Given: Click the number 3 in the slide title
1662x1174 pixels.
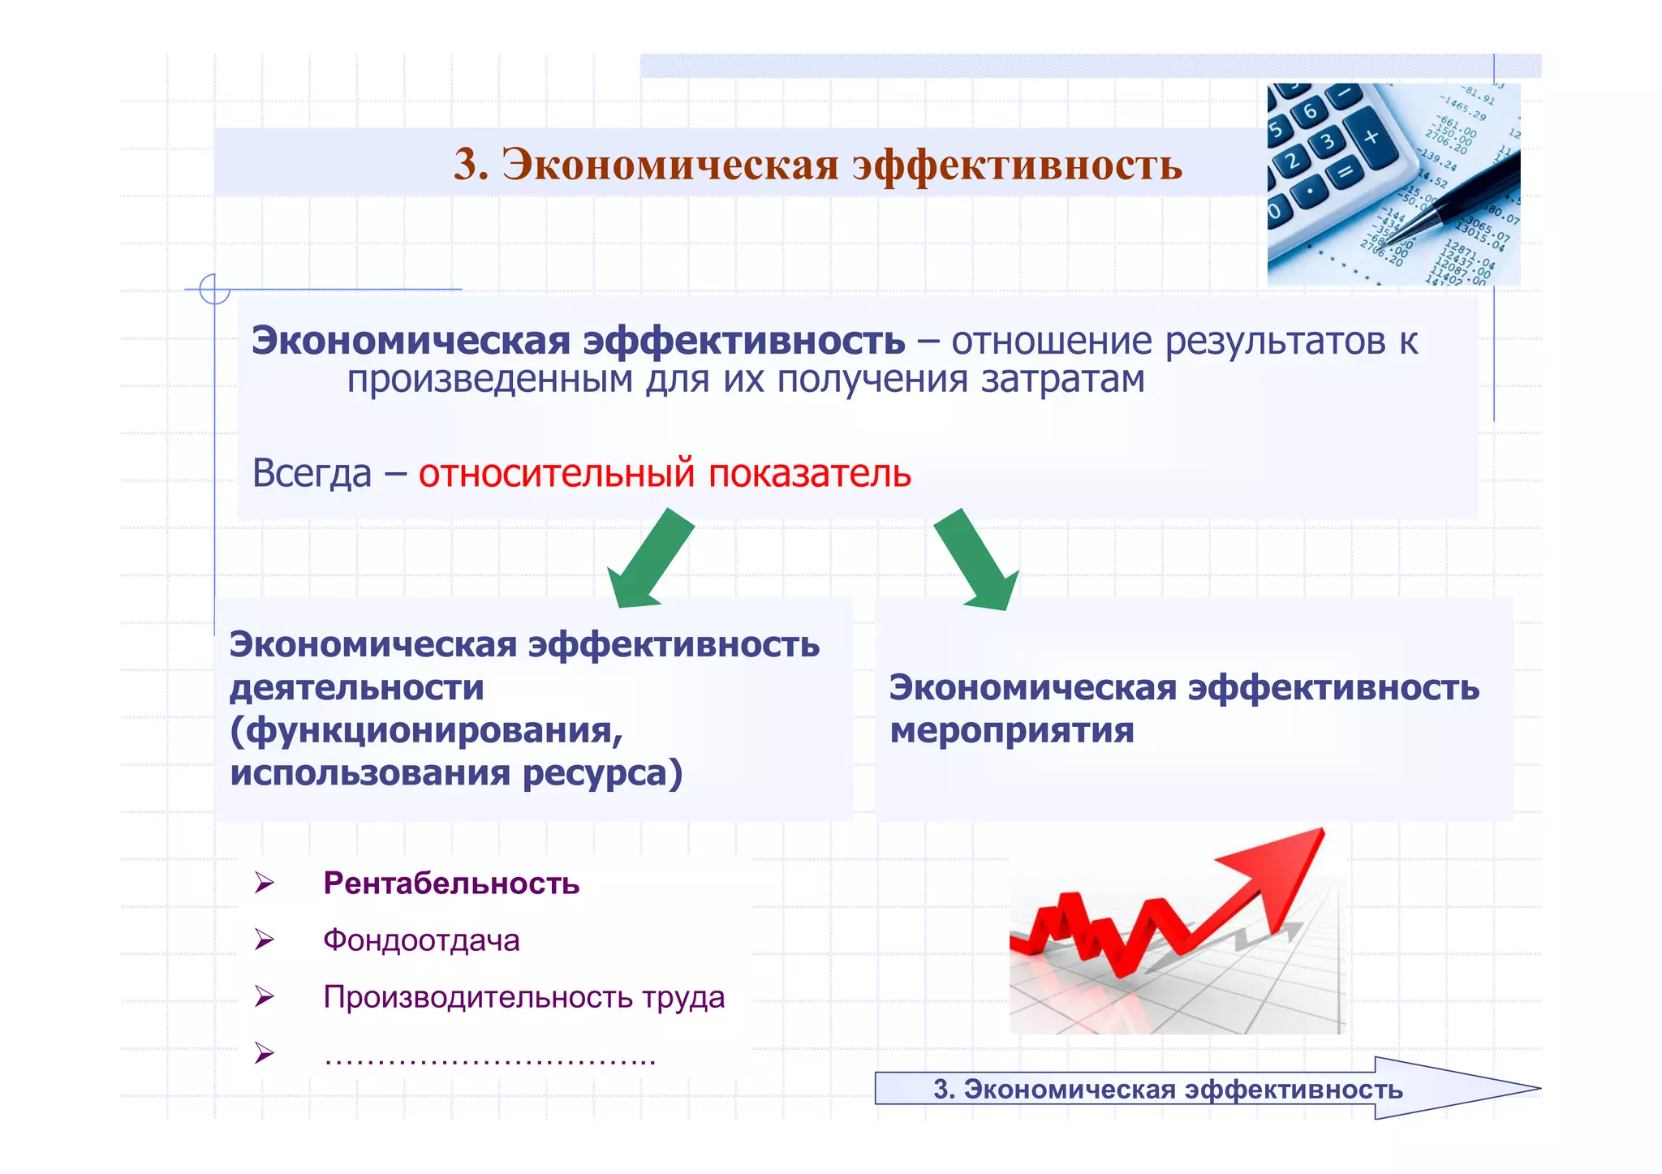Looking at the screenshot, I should [469, 165].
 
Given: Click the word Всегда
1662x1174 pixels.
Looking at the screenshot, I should [312, 473].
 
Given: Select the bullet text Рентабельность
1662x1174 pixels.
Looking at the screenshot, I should [451, 884].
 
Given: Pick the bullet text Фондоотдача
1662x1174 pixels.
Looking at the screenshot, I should [421, 940].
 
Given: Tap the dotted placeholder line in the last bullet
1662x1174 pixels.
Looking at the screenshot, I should [489, 1057].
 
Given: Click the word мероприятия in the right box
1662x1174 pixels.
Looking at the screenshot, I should [1011, 730].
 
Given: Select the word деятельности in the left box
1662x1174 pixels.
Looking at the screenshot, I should [356, 688].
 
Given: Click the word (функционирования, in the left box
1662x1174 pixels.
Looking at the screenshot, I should [426, 730].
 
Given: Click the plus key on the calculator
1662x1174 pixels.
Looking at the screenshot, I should [1371, 137].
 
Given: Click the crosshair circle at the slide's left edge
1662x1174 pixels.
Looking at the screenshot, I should [214, 289].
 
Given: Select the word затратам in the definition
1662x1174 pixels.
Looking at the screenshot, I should [1062, 380].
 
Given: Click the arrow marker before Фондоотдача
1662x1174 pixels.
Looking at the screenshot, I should [264, 940].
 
